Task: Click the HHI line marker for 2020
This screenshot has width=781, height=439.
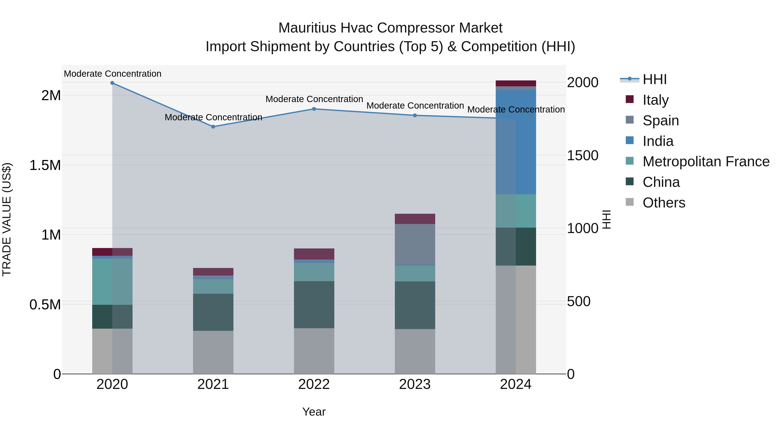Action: pyautogui.click(x=112, y=83)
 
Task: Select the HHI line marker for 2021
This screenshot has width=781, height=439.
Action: pyautogui.click(x=213, y=127)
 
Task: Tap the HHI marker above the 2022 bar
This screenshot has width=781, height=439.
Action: pyautogui.click(x=314, y=109)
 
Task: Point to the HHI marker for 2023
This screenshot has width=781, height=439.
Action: pyautogui.click(x=415, y=115)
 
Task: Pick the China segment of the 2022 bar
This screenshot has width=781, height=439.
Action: pyautogui.click(x=314, y=305)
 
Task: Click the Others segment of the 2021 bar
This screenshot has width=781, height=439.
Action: pyautogui.click(x=213, y=352)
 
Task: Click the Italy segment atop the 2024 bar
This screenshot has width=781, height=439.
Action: pyautogui.click(x=516, y=83)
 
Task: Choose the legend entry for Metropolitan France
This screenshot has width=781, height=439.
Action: pyautogui.click(x=706, y=162)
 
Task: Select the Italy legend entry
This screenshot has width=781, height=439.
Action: pyautogui.click(x=655, y=100)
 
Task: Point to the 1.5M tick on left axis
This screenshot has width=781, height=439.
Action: pyautogui.click(x=45, y=165)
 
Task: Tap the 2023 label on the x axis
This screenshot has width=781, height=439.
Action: pyautogui.click(x=415, y=384)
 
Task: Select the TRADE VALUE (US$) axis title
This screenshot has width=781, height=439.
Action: pyautogui.click(x=7, y=219)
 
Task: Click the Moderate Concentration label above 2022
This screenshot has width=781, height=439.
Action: pyautogui.click(x=314, y=99)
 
